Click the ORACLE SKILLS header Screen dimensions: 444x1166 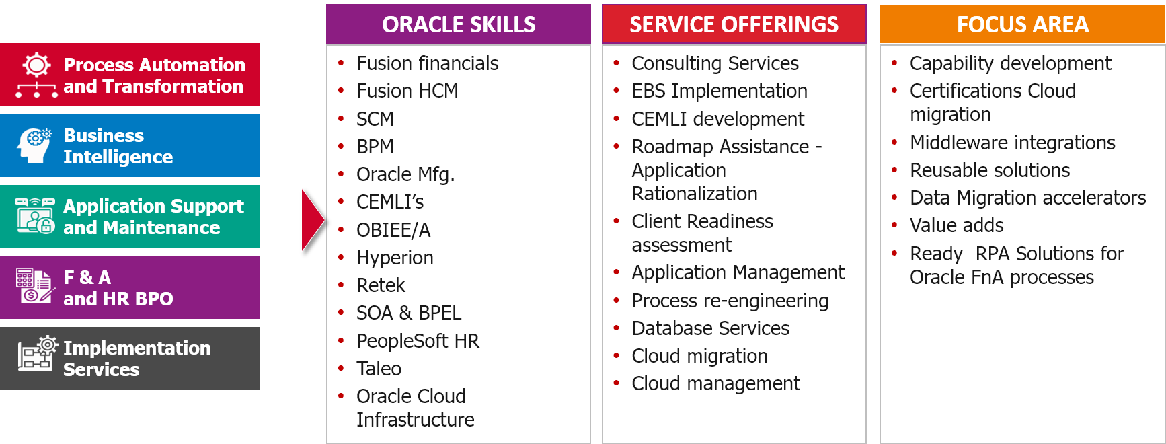pyautogui.click(x=459, y=25)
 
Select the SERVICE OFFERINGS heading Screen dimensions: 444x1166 pyautogui.click(x=734, y=25)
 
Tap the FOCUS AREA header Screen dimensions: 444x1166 pyautogui.click(x=1022, y=25)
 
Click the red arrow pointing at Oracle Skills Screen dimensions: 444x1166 pyautogui.click(x=312, y=220)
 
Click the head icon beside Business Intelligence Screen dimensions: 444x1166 pyautogui.click(x=35, y=145)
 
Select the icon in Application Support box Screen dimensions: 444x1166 pyautogui.click(x=35, y=216)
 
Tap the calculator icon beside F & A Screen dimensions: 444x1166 pyautogui.click(x=34, y=287)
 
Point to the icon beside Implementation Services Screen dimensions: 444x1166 pyautogui.click(x=37, y=354)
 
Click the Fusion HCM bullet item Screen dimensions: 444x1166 pyautogui.click(x=407, y=91)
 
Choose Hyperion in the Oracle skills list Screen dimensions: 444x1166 pyautogui.click(x=395, y=258)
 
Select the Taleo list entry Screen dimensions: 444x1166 pyautogui.click(x=379, y=369)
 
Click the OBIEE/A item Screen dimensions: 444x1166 pyautogui.click(x=393, y=230)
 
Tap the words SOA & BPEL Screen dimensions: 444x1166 pyautogui.click(x=409, y=313)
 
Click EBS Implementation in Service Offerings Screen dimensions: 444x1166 pyautogui.click(x=720, y=91)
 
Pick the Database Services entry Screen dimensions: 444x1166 pyautogui.click(x=710, y=328)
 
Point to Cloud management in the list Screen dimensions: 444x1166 pyautogui.click(x=715, y=383)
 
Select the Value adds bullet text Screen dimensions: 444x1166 pyautogui.click(x=956, y=225)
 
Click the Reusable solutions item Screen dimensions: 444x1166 pyautogui.click(x=989, y=170)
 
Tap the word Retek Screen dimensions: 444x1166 pyautogui.click(x=381, y=285)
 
